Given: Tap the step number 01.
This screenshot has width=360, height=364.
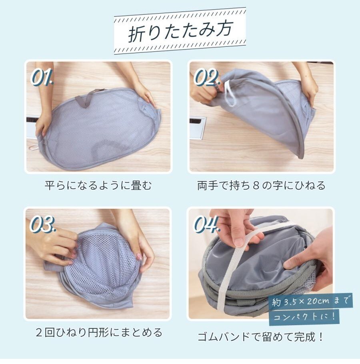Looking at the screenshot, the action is [42, 77].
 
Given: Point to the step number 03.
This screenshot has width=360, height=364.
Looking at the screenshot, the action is [43, 224].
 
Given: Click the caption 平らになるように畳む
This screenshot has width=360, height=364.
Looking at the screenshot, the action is [98, 186].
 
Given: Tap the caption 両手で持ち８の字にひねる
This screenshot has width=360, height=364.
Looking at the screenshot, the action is [261, 186].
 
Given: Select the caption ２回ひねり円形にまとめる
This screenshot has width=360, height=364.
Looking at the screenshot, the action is [99, 332].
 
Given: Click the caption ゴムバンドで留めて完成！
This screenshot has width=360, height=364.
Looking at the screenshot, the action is [260, 337].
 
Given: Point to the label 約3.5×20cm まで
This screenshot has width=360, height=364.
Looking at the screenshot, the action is [310, 302].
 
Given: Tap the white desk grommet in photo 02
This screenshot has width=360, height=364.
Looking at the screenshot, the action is [198, 128].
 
